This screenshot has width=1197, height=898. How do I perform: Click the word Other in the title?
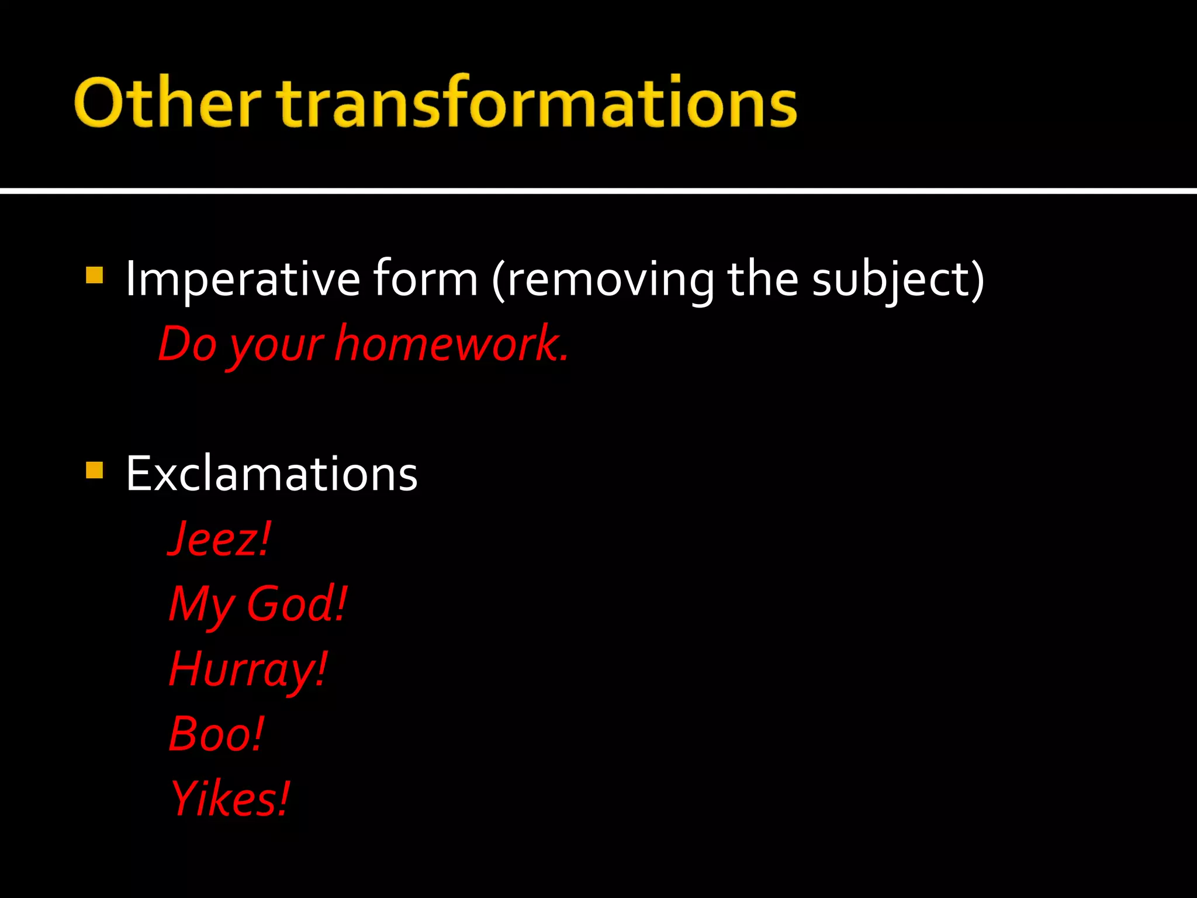pos(167,103)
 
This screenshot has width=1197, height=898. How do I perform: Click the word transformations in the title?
pos(537,103)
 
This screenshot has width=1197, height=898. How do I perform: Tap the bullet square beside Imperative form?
pos(94,275)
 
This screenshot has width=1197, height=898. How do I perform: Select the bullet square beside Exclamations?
pos(94,470)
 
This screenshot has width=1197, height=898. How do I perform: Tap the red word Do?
pos(188,344)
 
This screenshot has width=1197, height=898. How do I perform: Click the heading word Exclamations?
pos(272,474)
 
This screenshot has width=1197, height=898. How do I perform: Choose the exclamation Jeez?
pos(220,539)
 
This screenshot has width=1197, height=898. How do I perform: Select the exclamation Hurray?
pos(248,670)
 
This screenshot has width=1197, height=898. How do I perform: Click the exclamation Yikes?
pos(230,799)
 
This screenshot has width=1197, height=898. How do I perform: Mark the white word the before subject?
pos(762,279)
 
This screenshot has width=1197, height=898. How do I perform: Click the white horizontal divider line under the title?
pos(598,191)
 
